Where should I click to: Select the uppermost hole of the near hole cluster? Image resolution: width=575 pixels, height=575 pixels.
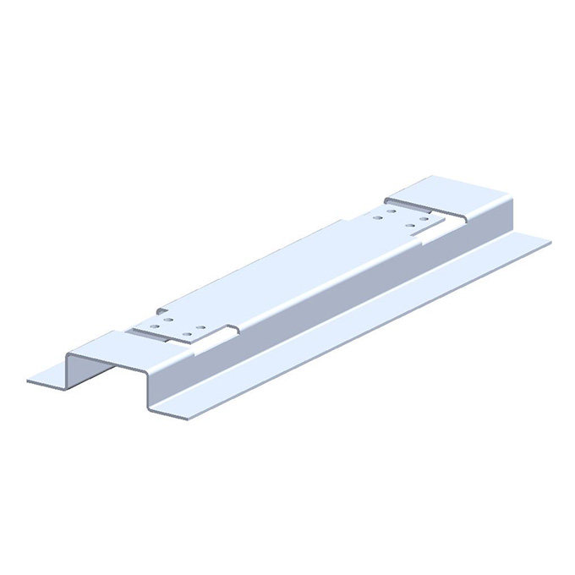point(168,320)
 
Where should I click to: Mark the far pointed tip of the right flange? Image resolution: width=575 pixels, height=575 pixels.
point(550,244)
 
